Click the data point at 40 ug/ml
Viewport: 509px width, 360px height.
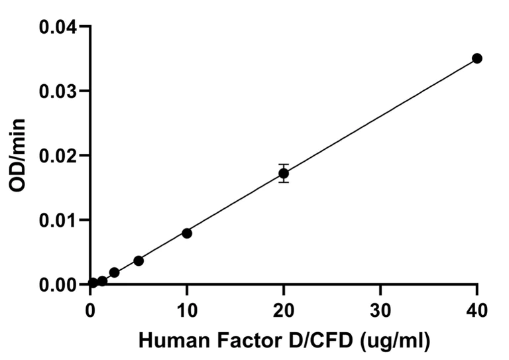coord(477,58)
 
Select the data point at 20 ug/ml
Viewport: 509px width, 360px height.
coord(284,173)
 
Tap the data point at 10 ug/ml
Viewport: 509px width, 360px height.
coord(187,233)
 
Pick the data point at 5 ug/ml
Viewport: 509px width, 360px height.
coord(139,261)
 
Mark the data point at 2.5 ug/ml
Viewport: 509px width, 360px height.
coord(114,272)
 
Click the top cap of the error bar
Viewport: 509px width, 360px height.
coord(284,164)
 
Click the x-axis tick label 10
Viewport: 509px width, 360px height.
coord(187,309)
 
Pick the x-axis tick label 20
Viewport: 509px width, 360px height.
coord(284,309)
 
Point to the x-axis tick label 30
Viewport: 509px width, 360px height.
coord(380,309)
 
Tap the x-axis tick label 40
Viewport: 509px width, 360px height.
coord(477,309)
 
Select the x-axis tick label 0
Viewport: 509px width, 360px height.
coord(91,309)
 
